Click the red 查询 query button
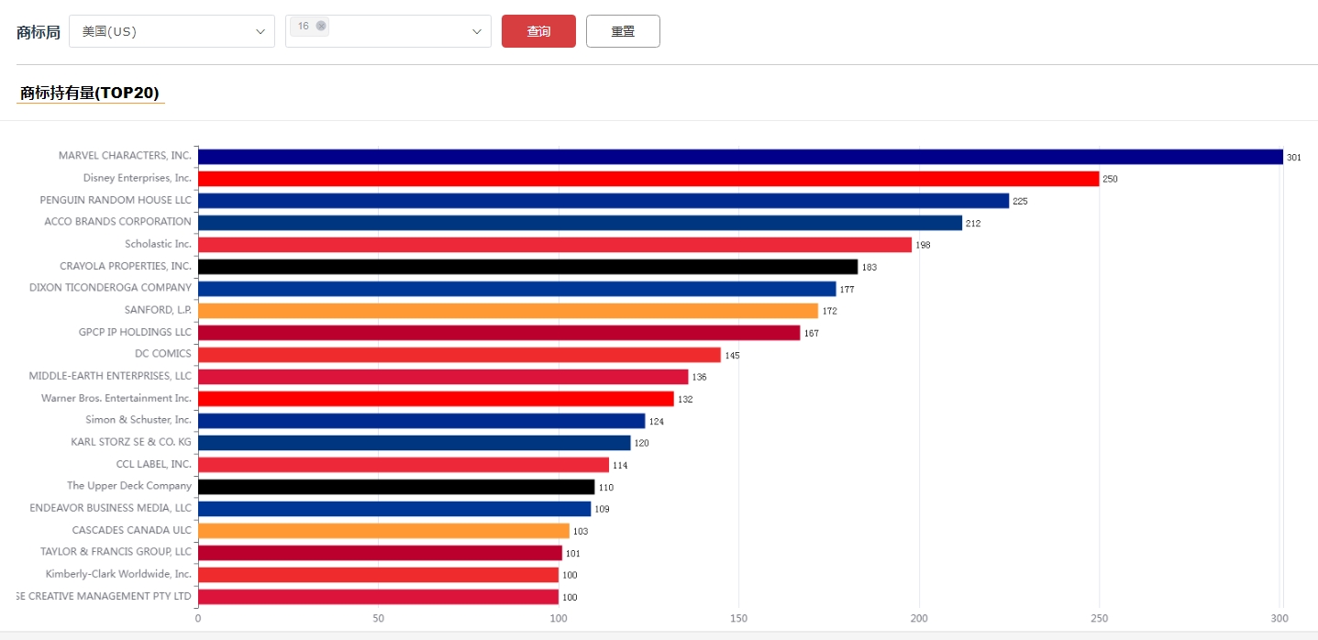[x=538, y=31]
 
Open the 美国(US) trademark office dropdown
[x=172, y=31]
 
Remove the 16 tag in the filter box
[x=321, y=26]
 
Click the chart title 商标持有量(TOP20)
[x=90, y=93]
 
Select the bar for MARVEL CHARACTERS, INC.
[x=740, y=157]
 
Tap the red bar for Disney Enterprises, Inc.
[x=648, y=179]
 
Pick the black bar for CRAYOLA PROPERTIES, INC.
[x=527, y=267]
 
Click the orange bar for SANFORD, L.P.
[x=507, y=311]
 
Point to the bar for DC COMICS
[x=459, y=355]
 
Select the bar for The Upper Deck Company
[x=396, y=487]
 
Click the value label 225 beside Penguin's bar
[x=1020, y=201]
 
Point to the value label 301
[x=1293, y=158]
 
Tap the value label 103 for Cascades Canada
[x=580, y=532]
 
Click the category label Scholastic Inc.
[x=158, y=244]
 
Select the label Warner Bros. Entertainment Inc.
[x=116, y=398]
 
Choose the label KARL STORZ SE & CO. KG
[x=131, y=442]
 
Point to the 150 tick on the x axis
[x=739, y=619]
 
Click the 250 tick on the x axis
[x=1099, y=619]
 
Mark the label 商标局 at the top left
[x=39, y=32]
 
